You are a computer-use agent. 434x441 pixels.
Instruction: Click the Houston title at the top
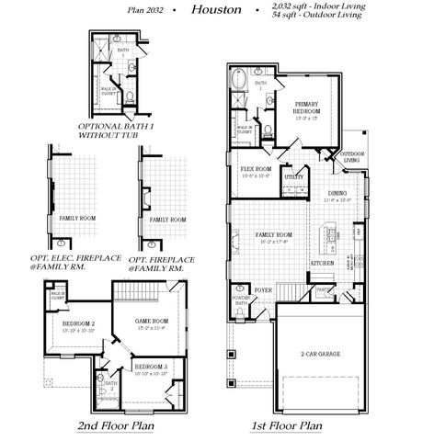217,10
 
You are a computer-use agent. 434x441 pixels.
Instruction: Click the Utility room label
294,175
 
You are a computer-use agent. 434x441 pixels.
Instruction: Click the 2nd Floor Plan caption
115,426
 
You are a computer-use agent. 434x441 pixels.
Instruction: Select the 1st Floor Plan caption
286,426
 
